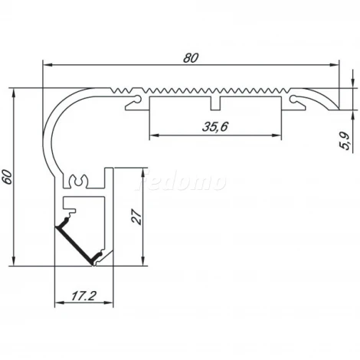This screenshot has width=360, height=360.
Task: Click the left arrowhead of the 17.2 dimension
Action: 59,303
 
